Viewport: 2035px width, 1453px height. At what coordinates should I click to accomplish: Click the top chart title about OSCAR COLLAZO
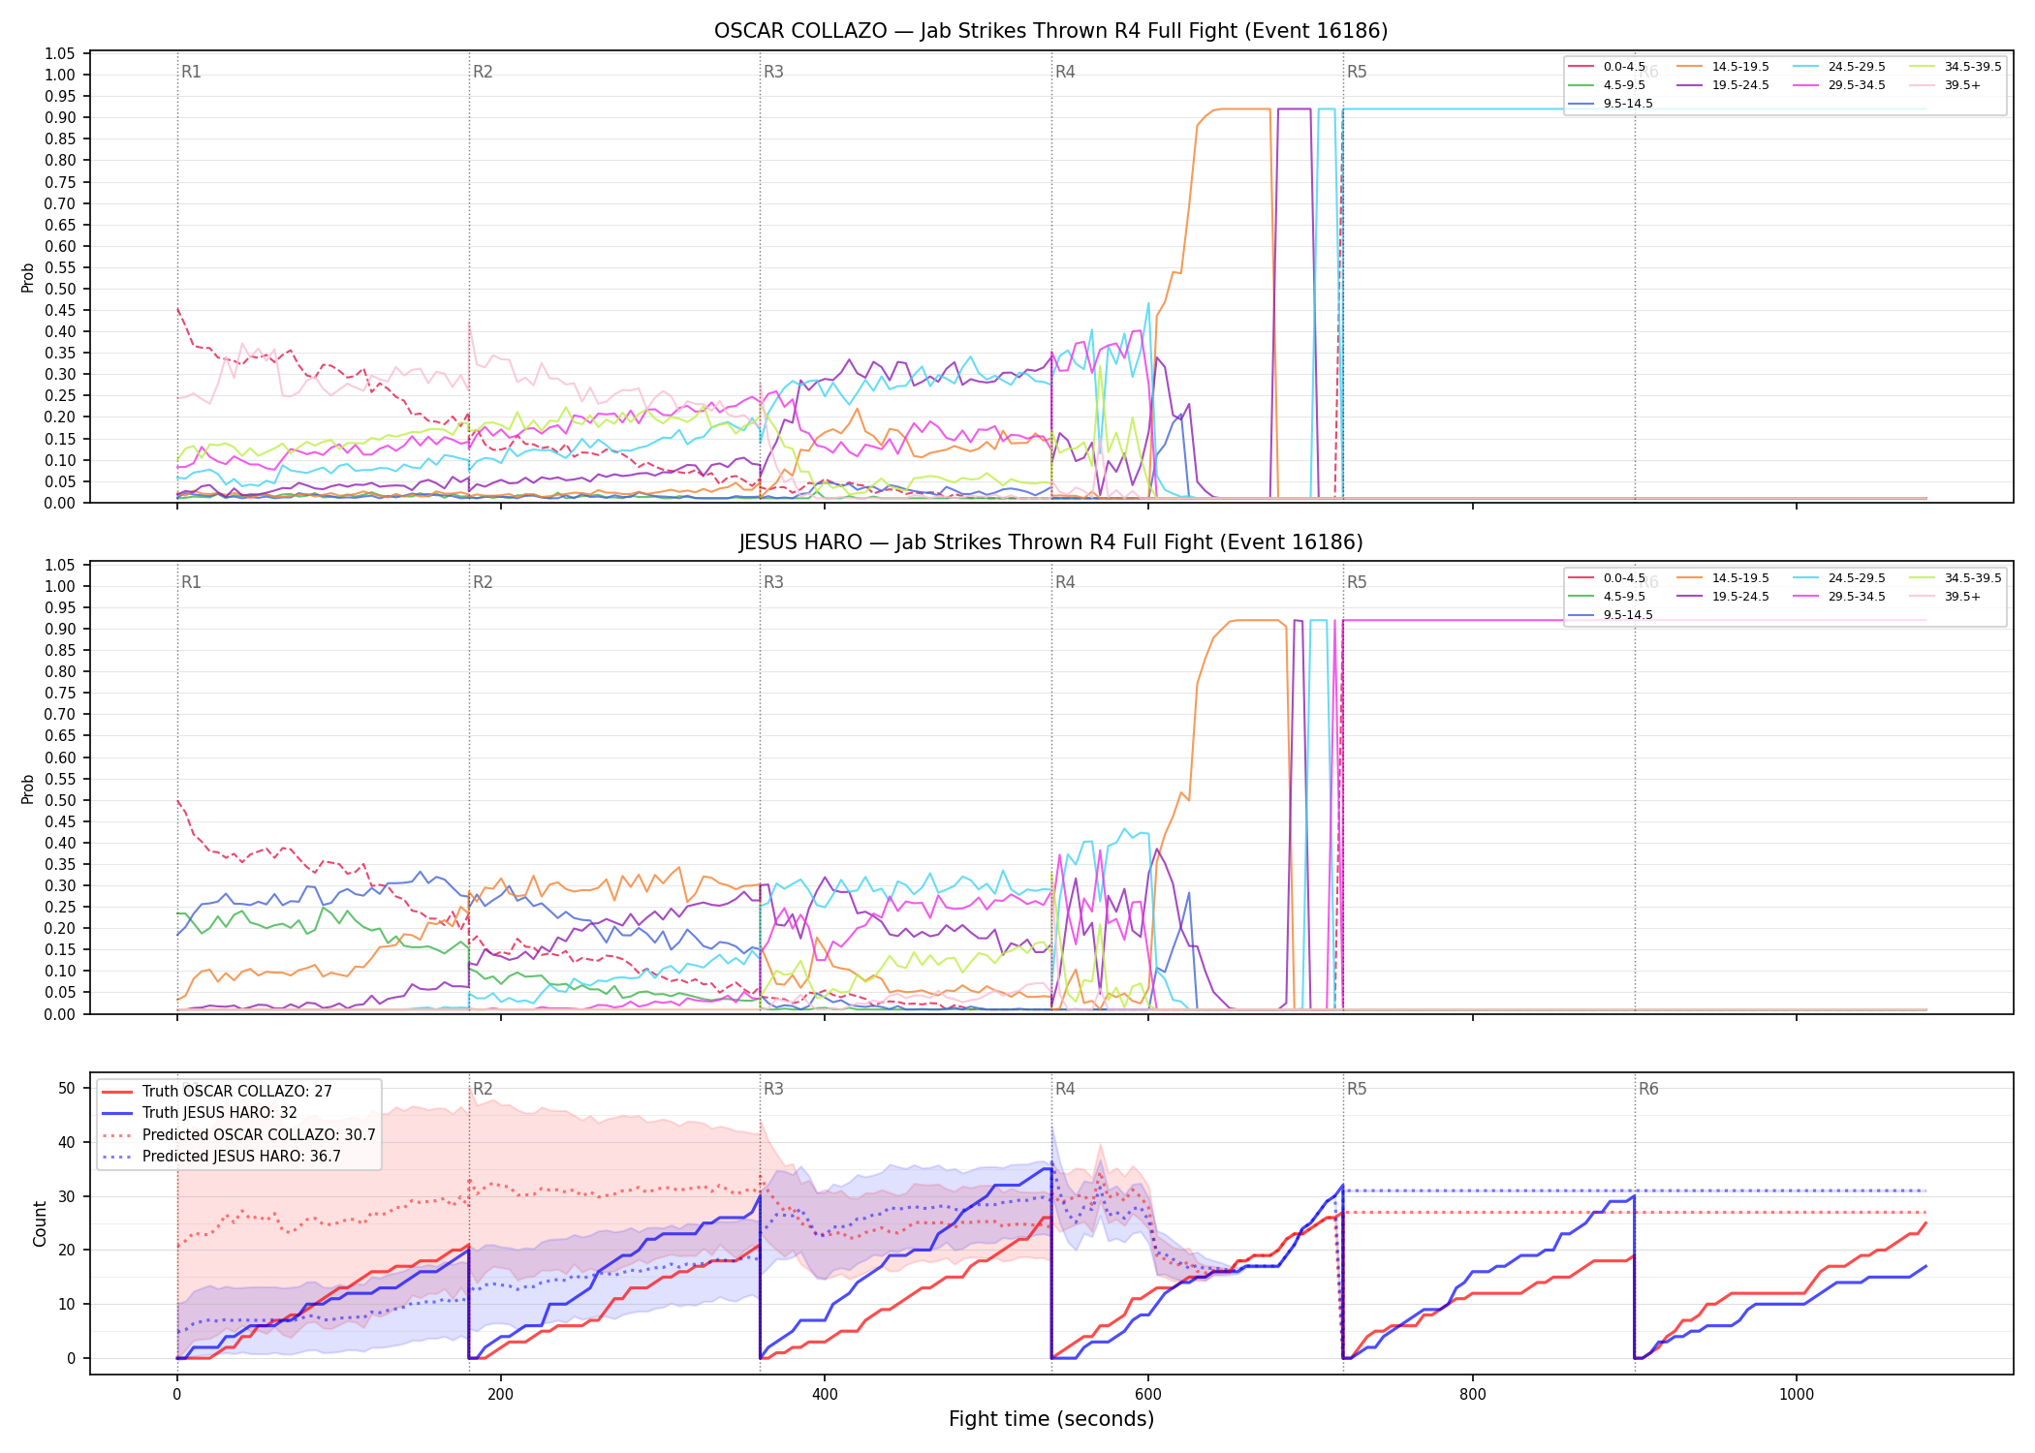1050,31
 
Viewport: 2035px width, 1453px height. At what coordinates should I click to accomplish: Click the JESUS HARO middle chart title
1050,542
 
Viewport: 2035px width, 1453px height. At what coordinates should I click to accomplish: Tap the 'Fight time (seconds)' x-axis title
1051,1419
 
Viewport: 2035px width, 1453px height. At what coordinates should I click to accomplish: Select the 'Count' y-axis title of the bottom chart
40,1223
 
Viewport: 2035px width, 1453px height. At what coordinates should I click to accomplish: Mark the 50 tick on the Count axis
67,1088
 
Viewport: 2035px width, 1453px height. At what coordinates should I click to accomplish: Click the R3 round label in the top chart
773,72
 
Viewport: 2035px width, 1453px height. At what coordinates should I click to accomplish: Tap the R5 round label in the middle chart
1357,582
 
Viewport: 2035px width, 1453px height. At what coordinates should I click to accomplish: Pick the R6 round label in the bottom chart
1648,1089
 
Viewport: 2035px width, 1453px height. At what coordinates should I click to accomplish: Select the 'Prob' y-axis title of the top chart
28,278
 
